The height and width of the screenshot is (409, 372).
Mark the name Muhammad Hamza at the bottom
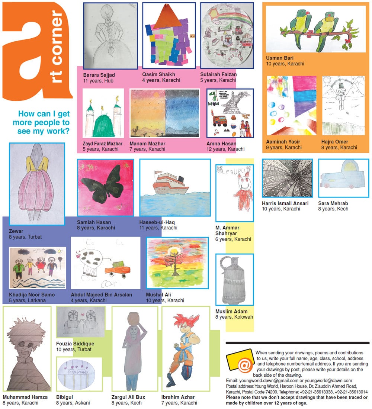[x=25, y=397]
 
